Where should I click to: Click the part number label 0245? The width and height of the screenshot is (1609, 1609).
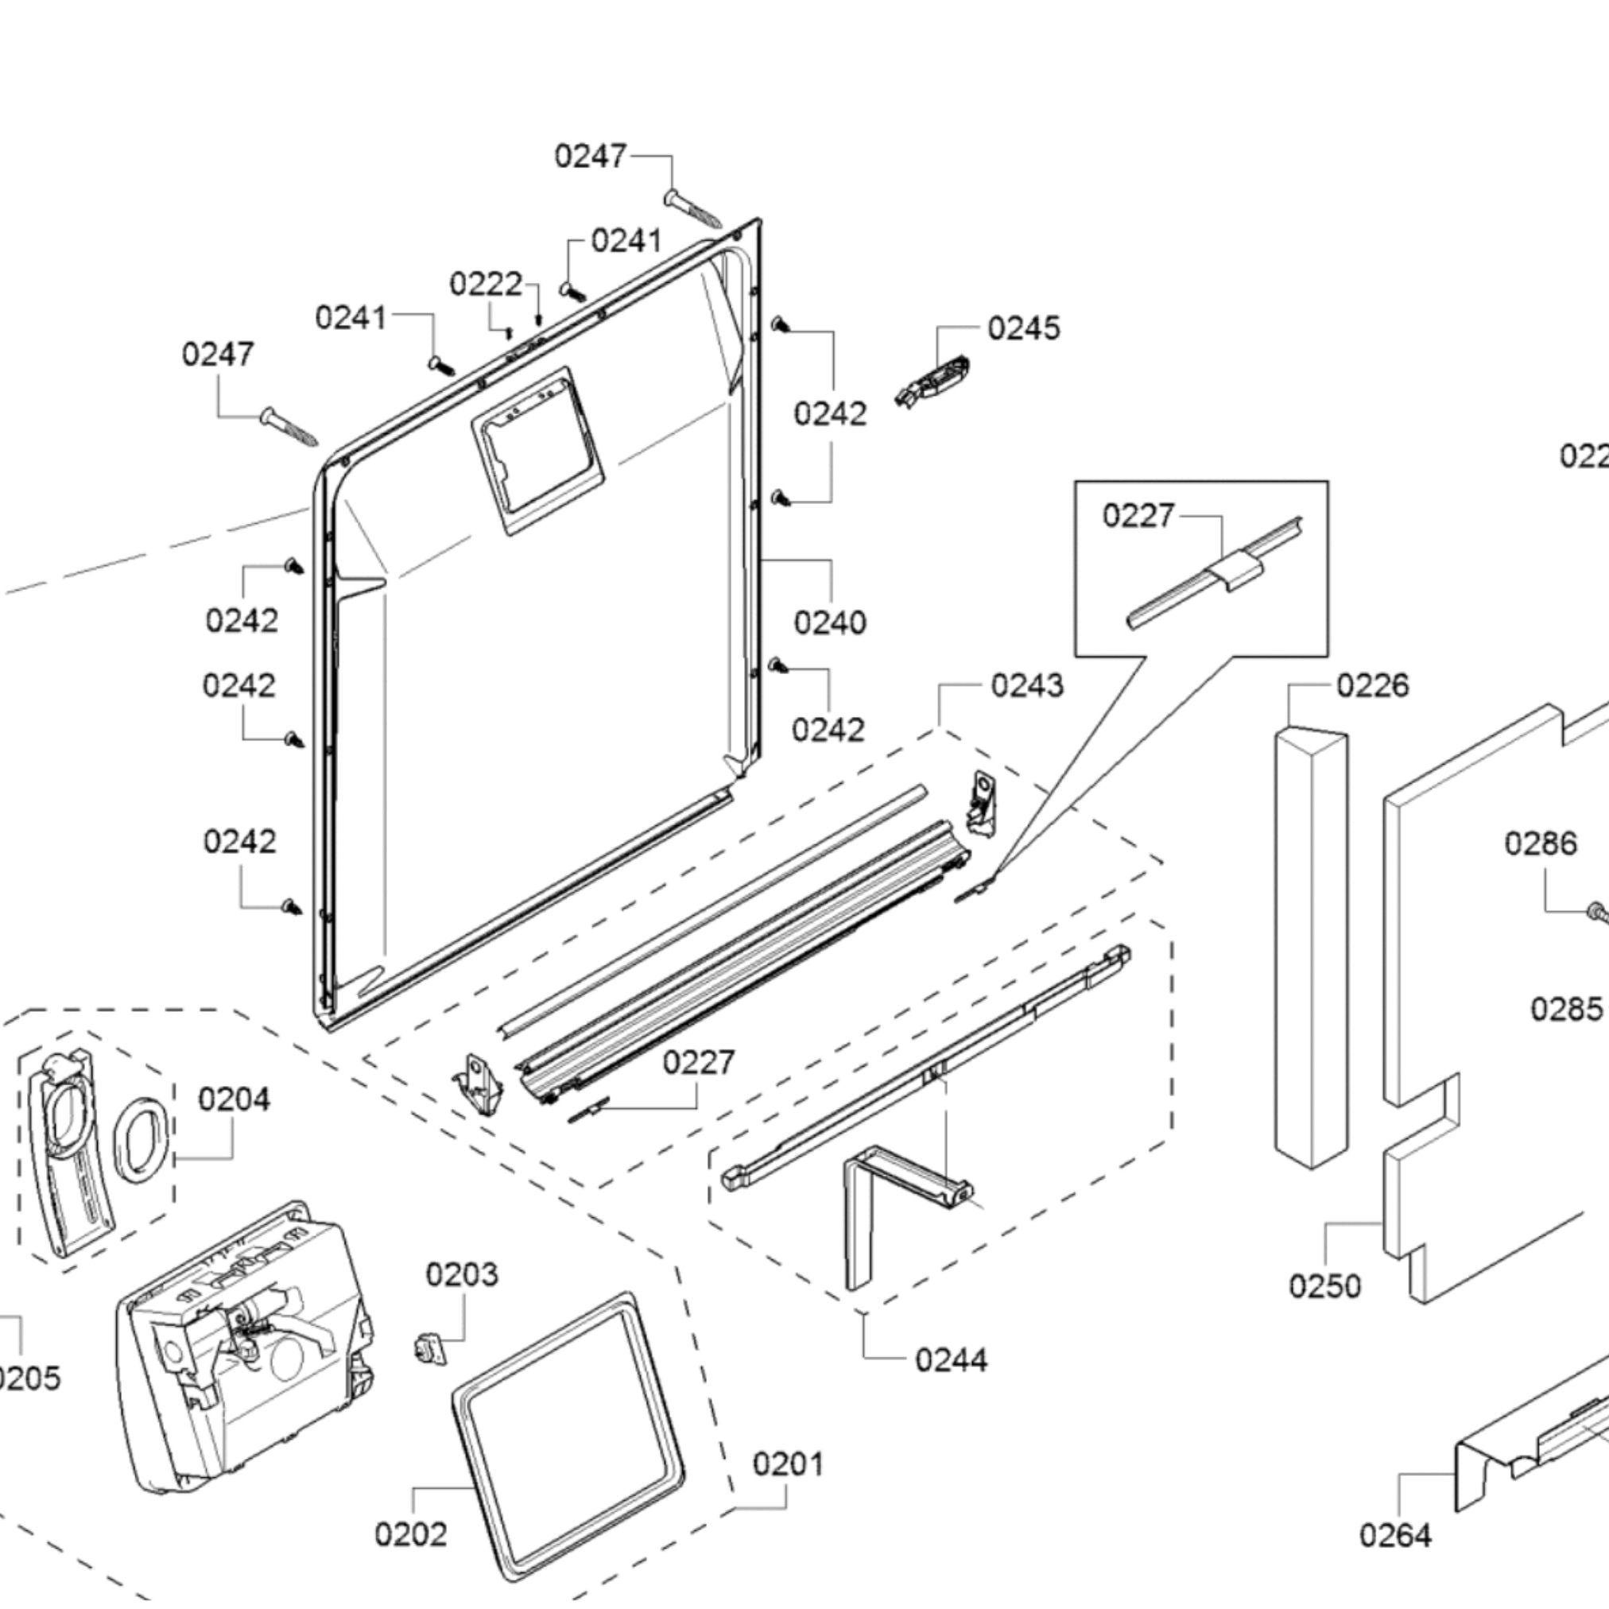[1024, 328]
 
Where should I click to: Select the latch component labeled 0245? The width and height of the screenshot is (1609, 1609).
[933, 381]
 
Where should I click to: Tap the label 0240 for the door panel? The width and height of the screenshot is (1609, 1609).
[829, 622]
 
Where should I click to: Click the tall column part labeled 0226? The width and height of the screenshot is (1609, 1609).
[1310, 948]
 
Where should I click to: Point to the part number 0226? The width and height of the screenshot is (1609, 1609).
[1372, 685]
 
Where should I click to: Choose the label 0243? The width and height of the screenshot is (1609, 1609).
[1027, 685]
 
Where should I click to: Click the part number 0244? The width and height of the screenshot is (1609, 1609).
[951, 1360]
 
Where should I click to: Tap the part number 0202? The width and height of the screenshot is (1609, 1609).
[410, 1533]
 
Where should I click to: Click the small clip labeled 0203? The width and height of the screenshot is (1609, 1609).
[430, 1347]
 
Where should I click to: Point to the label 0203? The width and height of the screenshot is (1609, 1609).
[462, 1274]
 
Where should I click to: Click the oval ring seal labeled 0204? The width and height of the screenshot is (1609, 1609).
[142, 1139]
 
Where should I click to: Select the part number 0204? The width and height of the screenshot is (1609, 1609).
[234, 1099]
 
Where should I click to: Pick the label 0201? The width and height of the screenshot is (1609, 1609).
[788, 1464]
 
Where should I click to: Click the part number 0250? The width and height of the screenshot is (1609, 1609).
[1325, 1286]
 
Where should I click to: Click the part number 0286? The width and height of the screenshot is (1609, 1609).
[1541, 843]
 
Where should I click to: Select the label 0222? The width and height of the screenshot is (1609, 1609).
[486, 284]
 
